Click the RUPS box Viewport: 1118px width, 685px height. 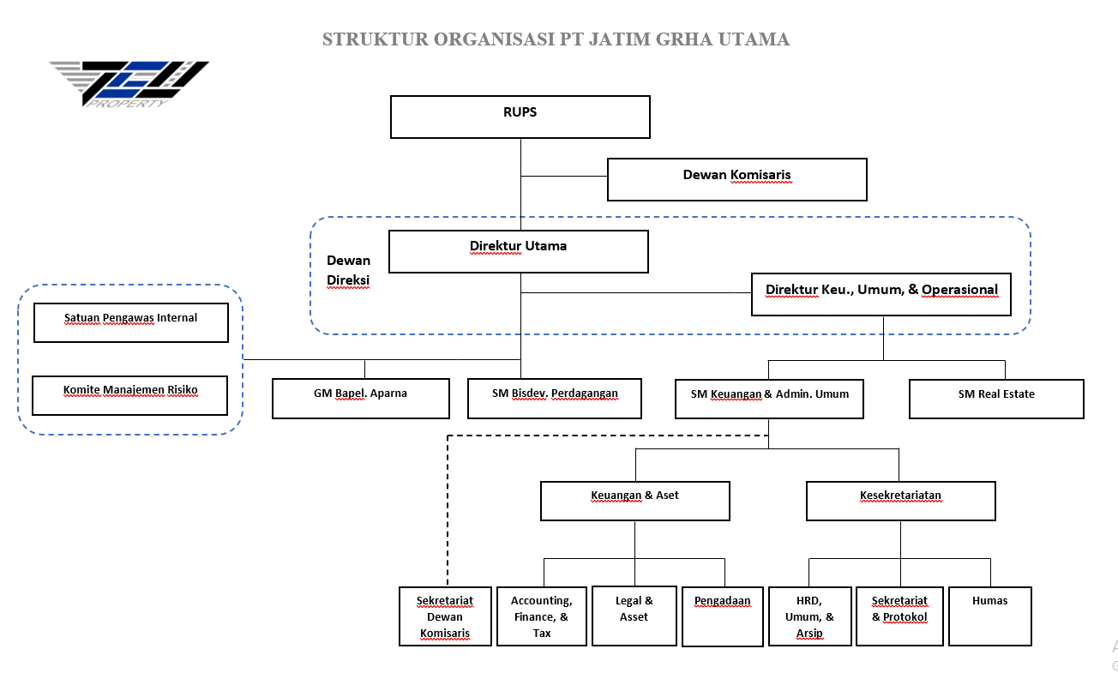[x=520, y=117]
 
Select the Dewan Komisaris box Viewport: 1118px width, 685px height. [x=736, y=179]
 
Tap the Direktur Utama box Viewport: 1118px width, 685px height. [x=518, y=251]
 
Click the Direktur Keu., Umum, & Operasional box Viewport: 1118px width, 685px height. [x=881, y=294]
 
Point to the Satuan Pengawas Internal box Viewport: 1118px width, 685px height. [x=130, y=322]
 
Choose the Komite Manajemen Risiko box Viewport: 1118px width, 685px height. [x=130, y=394]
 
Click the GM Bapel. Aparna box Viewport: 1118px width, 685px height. [x=360, y=399]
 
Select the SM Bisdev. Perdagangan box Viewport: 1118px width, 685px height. [x=554, y=399]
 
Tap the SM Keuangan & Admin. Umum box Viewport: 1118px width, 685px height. [x=769, y=399]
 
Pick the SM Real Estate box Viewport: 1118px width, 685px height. [x=996, y=399]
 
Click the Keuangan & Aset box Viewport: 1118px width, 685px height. [x=634, y=501]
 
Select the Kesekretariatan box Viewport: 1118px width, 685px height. [x=900, y=501]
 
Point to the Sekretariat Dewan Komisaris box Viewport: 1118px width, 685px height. [x=445, y=616]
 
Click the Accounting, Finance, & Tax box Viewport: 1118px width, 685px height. [x=541, y=616]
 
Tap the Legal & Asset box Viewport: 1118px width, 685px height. [x=634, y=616]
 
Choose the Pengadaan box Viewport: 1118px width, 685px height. [x=722, y=616]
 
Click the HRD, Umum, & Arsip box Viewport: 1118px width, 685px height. [x=808, y=616]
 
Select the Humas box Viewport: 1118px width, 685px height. [x=989, y=616]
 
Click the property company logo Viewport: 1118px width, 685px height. [x=129, y=83]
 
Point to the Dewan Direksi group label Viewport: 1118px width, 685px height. [x=348, y=269]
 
